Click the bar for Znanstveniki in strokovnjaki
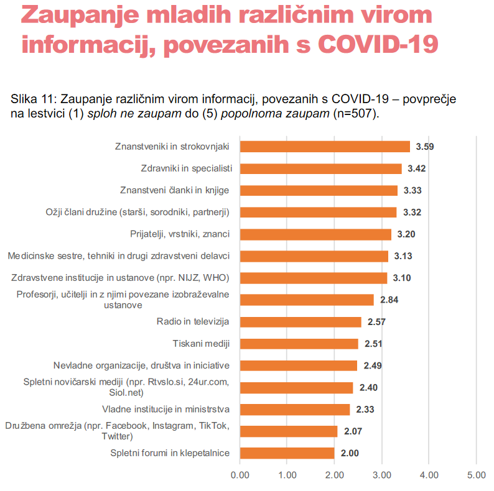(324, 147)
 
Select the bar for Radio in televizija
(300, 322)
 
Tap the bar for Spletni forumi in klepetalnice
(287, 453)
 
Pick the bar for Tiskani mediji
(299, 344)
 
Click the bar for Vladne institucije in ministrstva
(294, 410)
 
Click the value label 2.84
(389, 300)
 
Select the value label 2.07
(352, 431)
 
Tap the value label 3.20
(406, 234)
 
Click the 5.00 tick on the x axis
(476, 475)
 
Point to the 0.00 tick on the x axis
(240, 475)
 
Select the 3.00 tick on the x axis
(381, 475)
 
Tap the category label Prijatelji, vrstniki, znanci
(180, 234)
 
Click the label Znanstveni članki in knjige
(175, 190)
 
